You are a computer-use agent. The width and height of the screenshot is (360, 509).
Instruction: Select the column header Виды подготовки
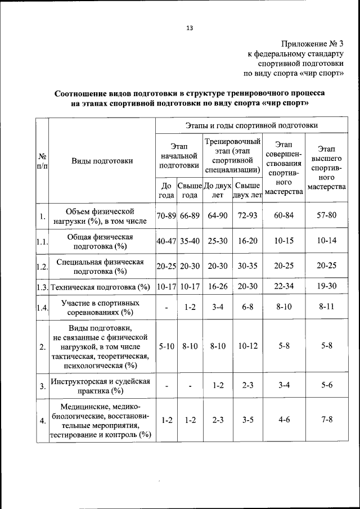(102, 161)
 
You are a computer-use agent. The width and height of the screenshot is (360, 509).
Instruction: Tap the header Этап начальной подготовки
(178, 155)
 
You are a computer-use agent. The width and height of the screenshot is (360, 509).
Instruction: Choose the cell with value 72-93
(247, 215)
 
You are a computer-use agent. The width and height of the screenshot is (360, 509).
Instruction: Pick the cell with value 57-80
(326, 215)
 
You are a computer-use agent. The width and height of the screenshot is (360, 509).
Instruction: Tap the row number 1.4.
(41, 307)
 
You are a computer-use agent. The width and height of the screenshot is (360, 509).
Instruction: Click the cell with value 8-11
(326, 307)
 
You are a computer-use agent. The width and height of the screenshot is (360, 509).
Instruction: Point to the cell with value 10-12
(247, 346)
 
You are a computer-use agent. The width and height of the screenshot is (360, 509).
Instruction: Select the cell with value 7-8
(326, 420)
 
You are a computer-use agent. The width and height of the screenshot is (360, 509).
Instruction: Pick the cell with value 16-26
(217, 286)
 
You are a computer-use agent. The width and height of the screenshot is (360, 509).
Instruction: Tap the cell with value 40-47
(166, 241)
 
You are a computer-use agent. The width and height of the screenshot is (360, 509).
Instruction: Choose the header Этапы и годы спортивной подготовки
(251, 125)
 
